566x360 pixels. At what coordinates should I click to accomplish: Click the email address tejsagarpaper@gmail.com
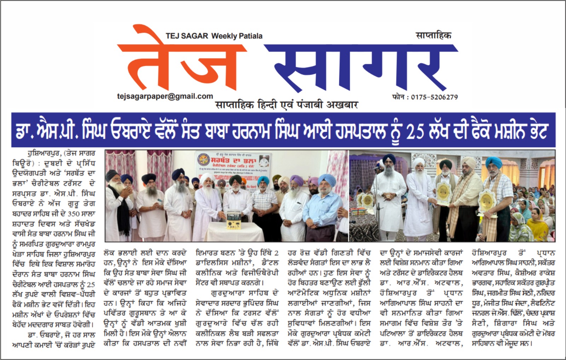165,96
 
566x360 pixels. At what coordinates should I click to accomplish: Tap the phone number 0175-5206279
434,97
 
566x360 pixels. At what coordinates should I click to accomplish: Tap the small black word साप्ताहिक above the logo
433,35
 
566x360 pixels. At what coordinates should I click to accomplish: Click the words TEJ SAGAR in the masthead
187,36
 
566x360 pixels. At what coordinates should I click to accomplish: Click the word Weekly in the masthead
224,36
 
